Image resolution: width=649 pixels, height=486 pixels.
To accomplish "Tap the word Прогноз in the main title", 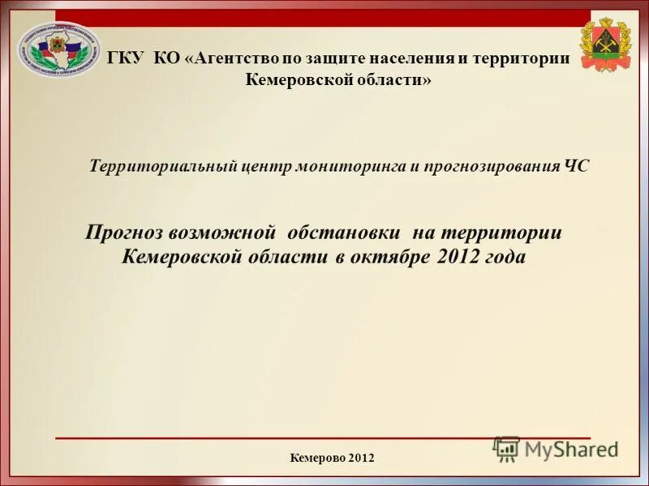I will pyautogui.click(x=125, y=233).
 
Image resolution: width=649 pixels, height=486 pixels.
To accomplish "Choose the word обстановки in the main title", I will pyautogui.click(x=344, y=233).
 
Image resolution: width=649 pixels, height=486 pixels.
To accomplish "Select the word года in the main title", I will pyautogui.click(x=506, y=258).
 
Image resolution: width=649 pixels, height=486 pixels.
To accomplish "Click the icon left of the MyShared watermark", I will pyautogui.click(x=507, y=449).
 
